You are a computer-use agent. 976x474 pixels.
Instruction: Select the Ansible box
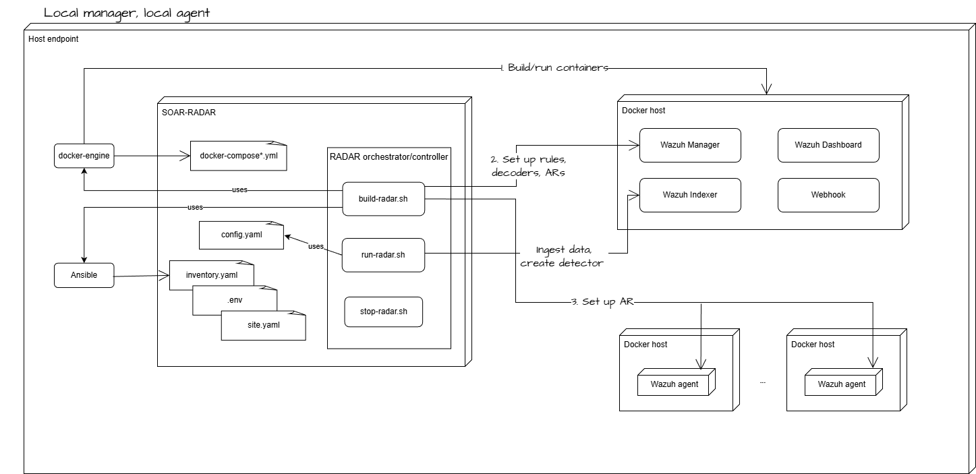pyautogui.click(x=84, y=275)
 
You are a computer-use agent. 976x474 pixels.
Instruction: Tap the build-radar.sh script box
pyautogui.click(x=383, y=199)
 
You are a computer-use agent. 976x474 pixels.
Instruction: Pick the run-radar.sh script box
pyautogui.click(x=383, y=255)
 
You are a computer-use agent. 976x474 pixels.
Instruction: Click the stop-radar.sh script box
pyautogui.click(x=383, y=312)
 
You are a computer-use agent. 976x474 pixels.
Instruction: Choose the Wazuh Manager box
pyautogui.click(x=689, y=145)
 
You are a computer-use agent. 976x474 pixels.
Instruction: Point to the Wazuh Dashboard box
pyautogui.click(x=828, y=145)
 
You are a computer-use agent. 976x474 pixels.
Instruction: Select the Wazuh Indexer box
pyautogui.click(x=689, y=195)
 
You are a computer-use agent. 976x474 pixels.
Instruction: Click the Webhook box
pyautogui.click(x=828, y=195)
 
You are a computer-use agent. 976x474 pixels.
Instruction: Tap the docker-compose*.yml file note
pyautogui.click(x=238, y=156)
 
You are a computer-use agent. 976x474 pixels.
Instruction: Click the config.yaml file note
pyautogui.click(x=241, y=235)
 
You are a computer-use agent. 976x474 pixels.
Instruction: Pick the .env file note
pyautogui.click(x=234, y=299)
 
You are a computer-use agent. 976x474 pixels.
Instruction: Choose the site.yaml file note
pyautogui.click(x=263, y=325)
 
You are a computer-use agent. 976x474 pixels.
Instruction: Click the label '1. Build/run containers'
pyautogui.click(x=554, y=67)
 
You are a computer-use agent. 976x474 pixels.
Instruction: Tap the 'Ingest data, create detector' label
pyautogui.click(x=561, y=257)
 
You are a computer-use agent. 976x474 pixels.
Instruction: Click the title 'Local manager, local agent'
pyautogui.click(x=127, y=13)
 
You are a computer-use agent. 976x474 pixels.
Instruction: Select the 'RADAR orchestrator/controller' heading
pyautogui.click(x=389, y=157)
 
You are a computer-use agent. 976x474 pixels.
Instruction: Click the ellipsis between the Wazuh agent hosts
pyautogui.click(x=763, y=382)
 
